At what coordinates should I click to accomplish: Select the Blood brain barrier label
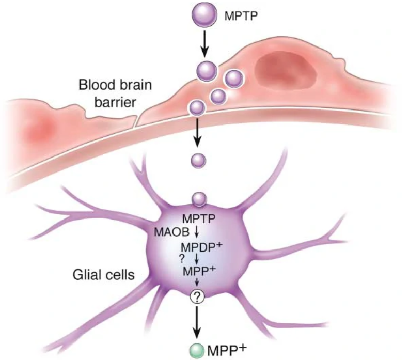107,93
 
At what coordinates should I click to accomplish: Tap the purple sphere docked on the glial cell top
199,199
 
